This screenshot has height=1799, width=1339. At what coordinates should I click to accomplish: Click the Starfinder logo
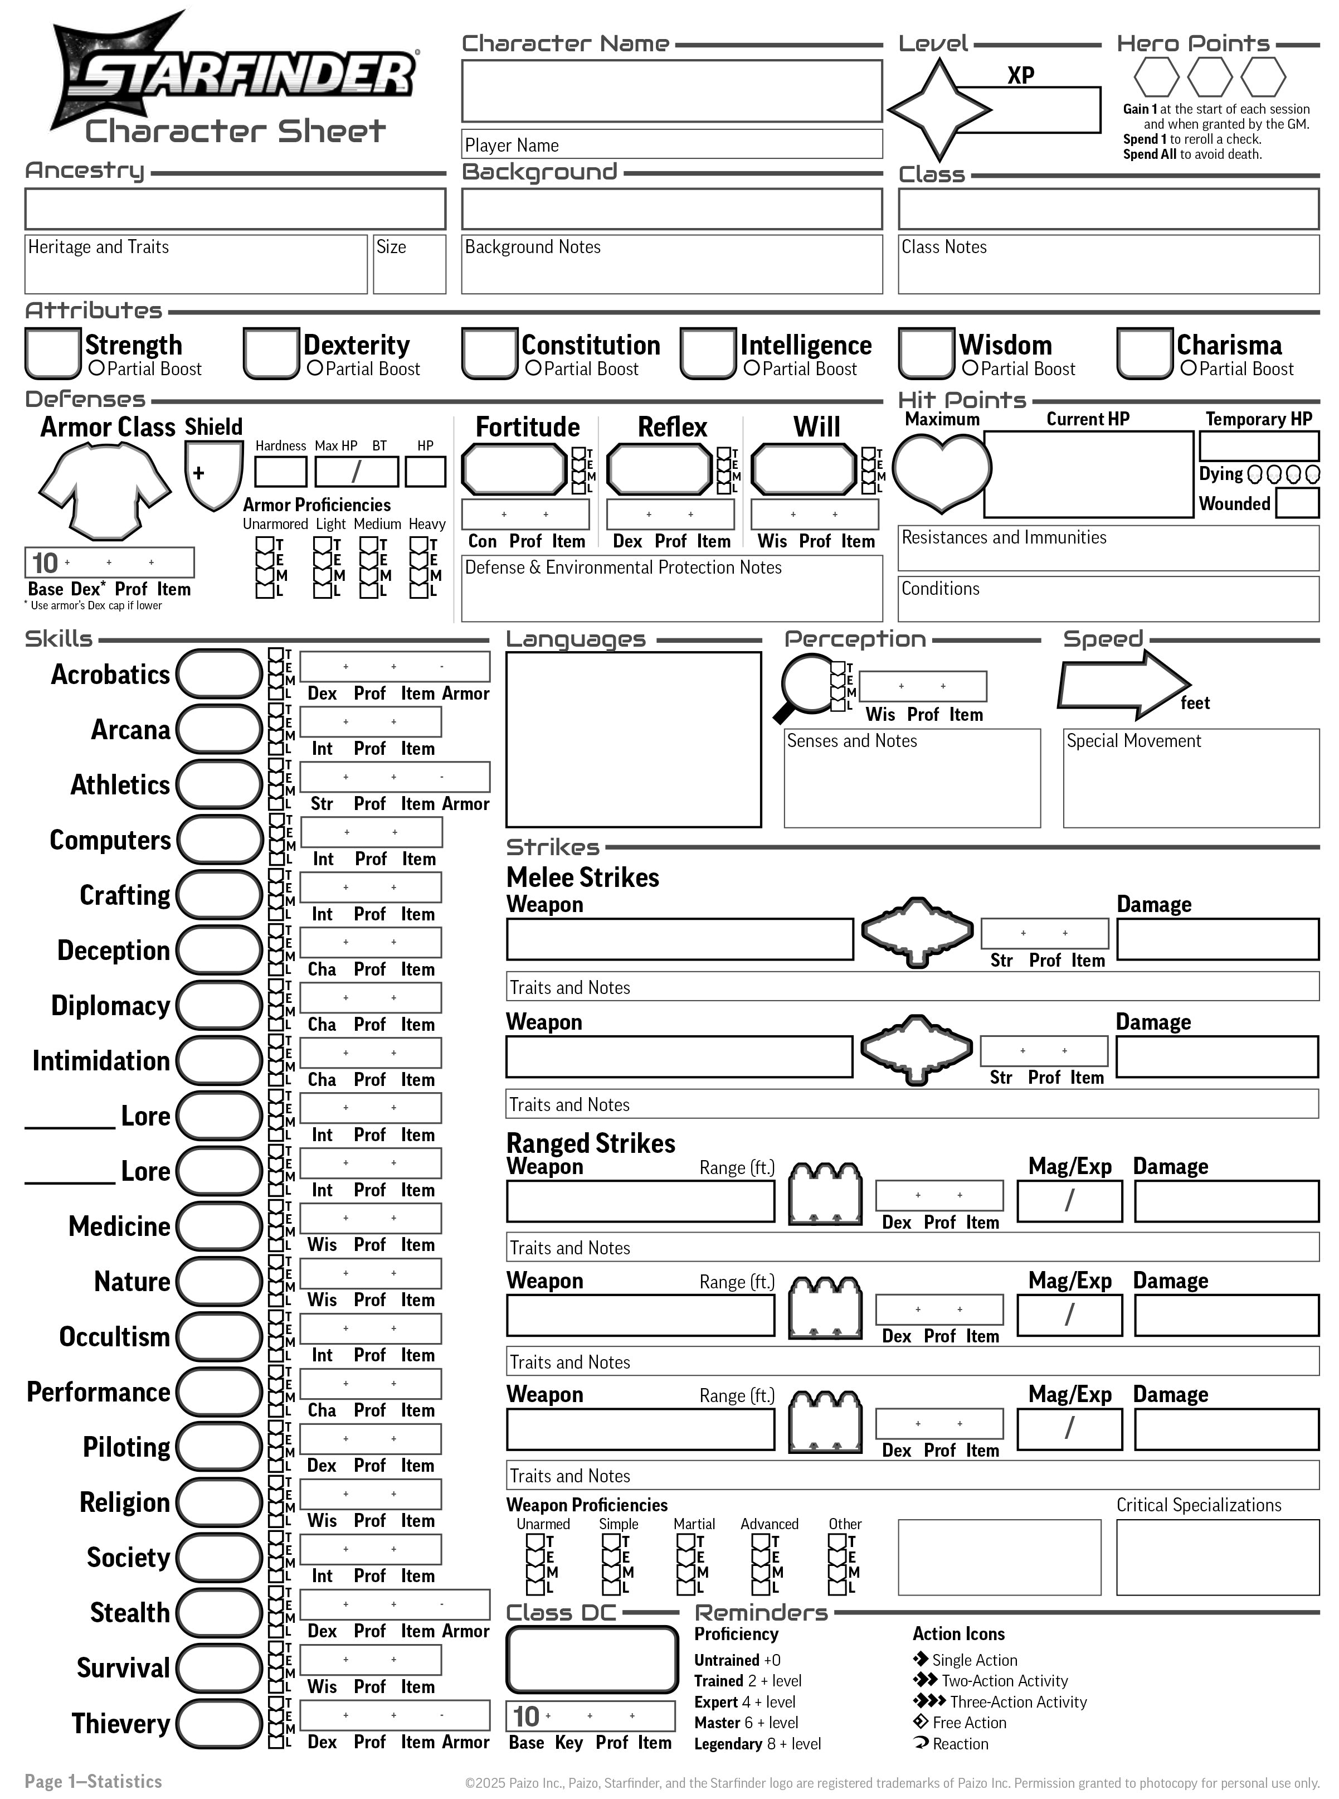235,77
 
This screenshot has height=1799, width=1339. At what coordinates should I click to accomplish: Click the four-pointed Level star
938,109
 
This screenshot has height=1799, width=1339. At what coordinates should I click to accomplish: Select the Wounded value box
1297,503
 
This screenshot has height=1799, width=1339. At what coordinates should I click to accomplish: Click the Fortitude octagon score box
514,469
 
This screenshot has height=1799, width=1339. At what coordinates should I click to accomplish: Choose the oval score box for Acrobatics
219,673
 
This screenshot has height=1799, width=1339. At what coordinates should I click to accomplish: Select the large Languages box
633,739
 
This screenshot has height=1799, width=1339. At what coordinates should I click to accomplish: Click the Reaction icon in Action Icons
921,1743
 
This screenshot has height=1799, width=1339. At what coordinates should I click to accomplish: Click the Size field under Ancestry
410,264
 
